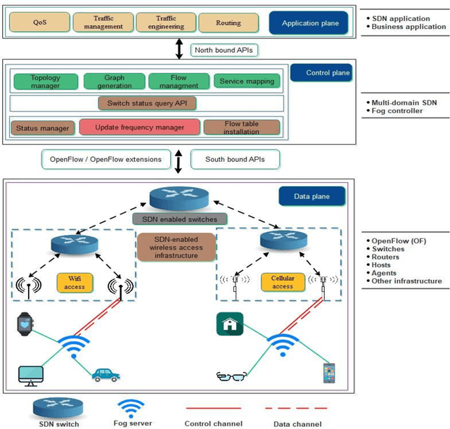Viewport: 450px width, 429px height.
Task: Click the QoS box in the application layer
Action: tap(39, 23)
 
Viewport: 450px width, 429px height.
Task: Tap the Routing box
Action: tap(229, 23)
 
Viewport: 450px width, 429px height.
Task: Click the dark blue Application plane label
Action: tap(310, 23)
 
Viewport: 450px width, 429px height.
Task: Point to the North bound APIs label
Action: tap(223, 49)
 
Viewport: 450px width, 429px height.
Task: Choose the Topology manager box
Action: tap(46, 82)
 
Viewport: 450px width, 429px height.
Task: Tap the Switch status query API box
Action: tap(147, 103)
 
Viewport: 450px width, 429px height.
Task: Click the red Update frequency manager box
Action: tap(141, 127)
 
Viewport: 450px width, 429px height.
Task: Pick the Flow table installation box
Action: tap(241, 127)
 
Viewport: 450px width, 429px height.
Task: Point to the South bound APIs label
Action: tap(235, 159)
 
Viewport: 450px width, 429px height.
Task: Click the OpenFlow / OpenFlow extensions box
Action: tap(105, 159)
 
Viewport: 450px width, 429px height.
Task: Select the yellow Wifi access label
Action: tap(75, 283)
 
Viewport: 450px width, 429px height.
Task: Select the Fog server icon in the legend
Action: tap(131, 408)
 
